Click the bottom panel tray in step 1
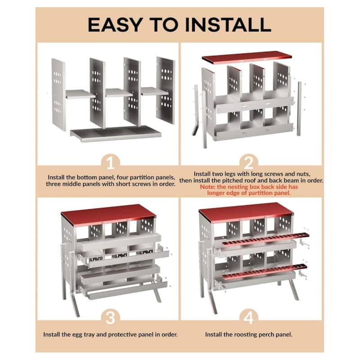click(x=116, y=133)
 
